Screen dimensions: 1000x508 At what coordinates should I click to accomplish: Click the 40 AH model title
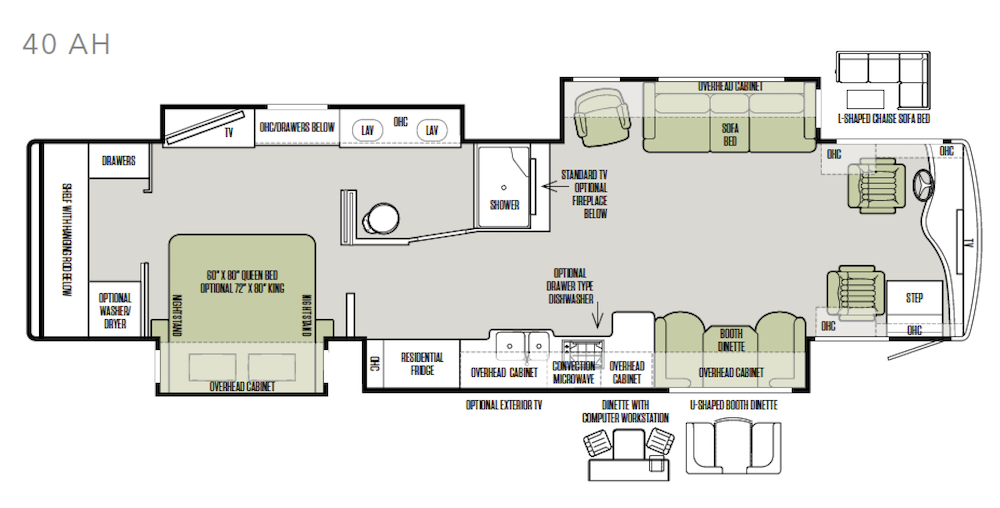tap(66, 45)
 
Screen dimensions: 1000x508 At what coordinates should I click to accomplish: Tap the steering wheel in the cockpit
tap(923, 184)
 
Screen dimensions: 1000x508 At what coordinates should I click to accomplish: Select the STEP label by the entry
tap(915, 298)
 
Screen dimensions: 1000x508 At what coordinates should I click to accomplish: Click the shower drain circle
tap(504, 187)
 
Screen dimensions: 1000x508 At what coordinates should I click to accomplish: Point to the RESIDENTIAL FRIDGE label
tap(422, 363)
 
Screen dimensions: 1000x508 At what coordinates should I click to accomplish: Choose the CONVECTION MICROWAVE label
tap(573, 372)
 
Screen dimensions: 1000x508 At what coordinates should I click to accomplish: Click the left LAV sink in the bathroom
tap(367, 130)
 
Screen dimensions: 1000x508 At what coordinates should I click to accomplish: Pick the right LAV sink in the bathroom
tap(432, 130)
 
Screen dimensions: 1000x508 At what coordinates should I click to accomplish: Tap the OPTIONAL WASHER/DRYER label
tap(115, 310)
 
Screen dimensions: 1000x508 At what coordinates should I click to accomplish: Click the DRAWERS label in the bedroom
tap(119, 161)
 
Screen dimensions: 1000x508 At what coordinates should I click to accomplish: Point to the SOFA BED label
tap(730, 134)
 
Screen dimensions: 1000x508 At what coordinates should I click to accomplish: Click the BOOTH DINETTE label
tap(732, 340)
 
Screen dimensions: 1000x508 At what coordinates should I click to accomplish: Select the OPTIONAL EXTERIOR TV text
tap(504, 405)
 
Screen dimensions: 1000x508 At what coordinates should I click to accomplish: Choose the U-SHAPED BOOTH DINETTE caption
tap(733, 405)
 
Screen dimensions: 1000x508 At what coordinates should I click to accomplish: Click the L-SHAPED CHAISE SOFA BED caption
tap(883, 119)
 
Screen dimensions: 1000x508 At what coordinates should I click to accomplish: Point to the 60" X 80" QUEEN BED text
tap(242, 275)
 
